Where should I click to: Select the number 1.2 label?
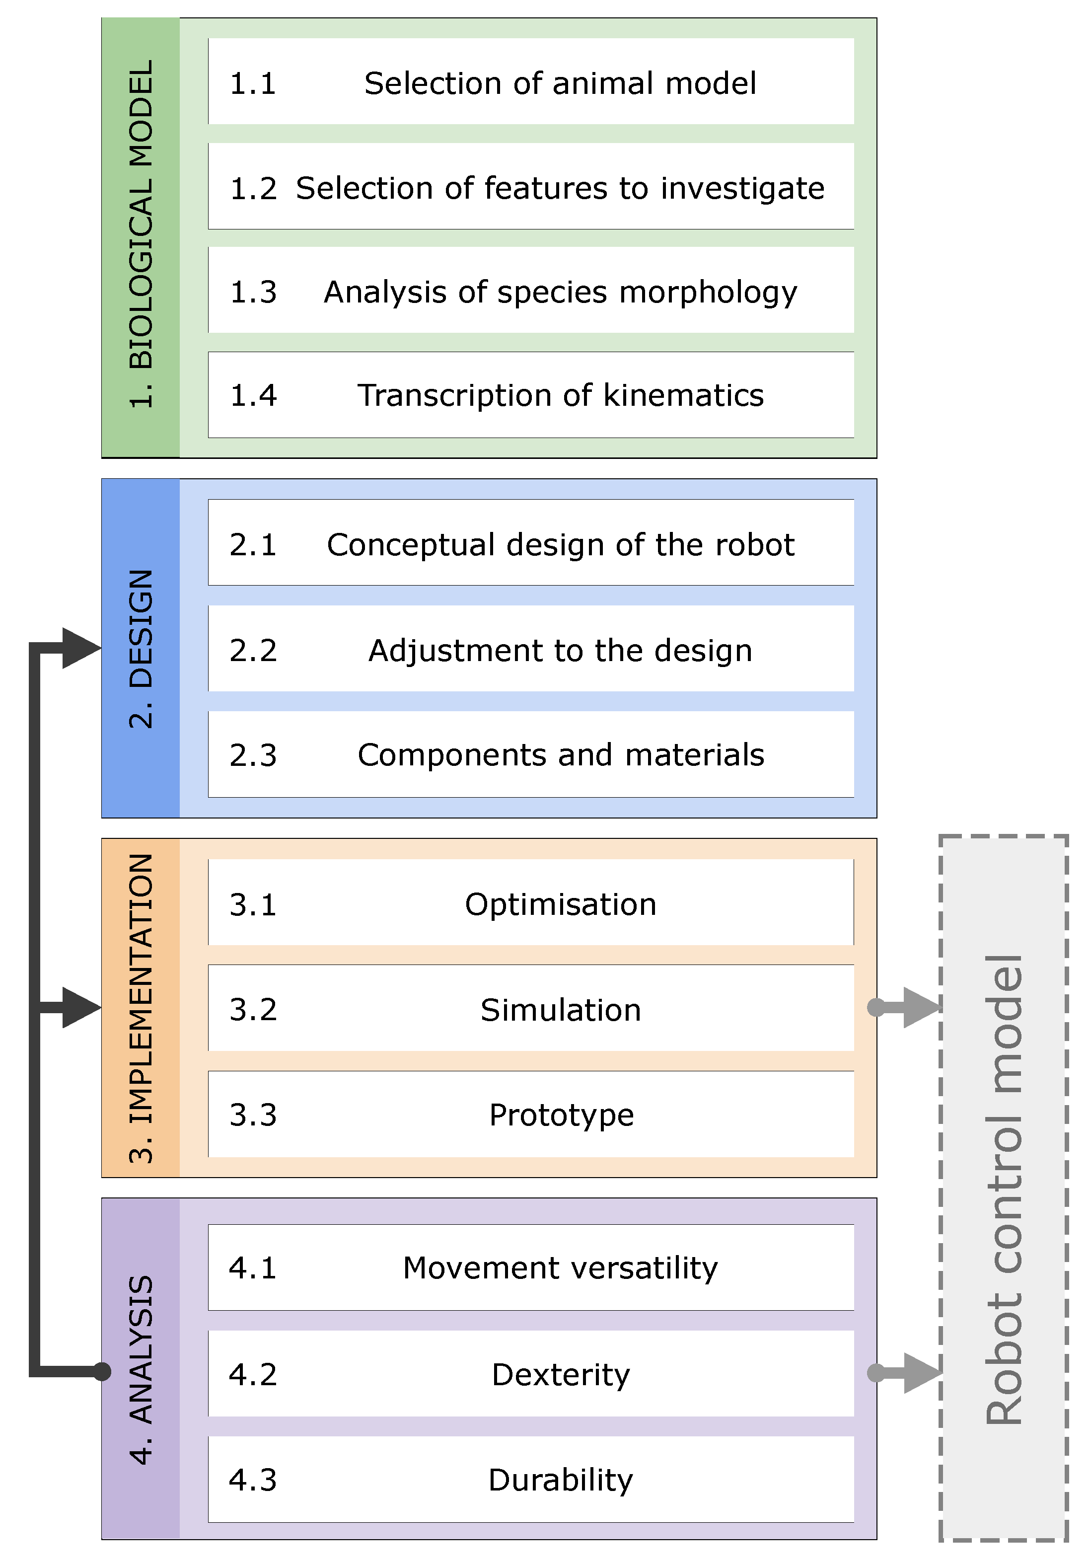click(253, 189)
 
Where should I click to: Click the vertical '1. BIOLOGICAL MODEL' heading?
click(141, 235)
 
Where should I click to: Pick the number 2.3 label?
click(253, 755)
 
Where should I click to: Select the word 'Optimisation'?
click(560, 904)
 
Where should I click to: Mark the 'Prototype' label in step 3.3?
click(561, 1115)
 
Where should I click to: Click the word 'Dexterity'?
click(560, 1374)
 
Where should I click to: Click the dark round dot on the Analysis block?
click(102, 1371)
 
